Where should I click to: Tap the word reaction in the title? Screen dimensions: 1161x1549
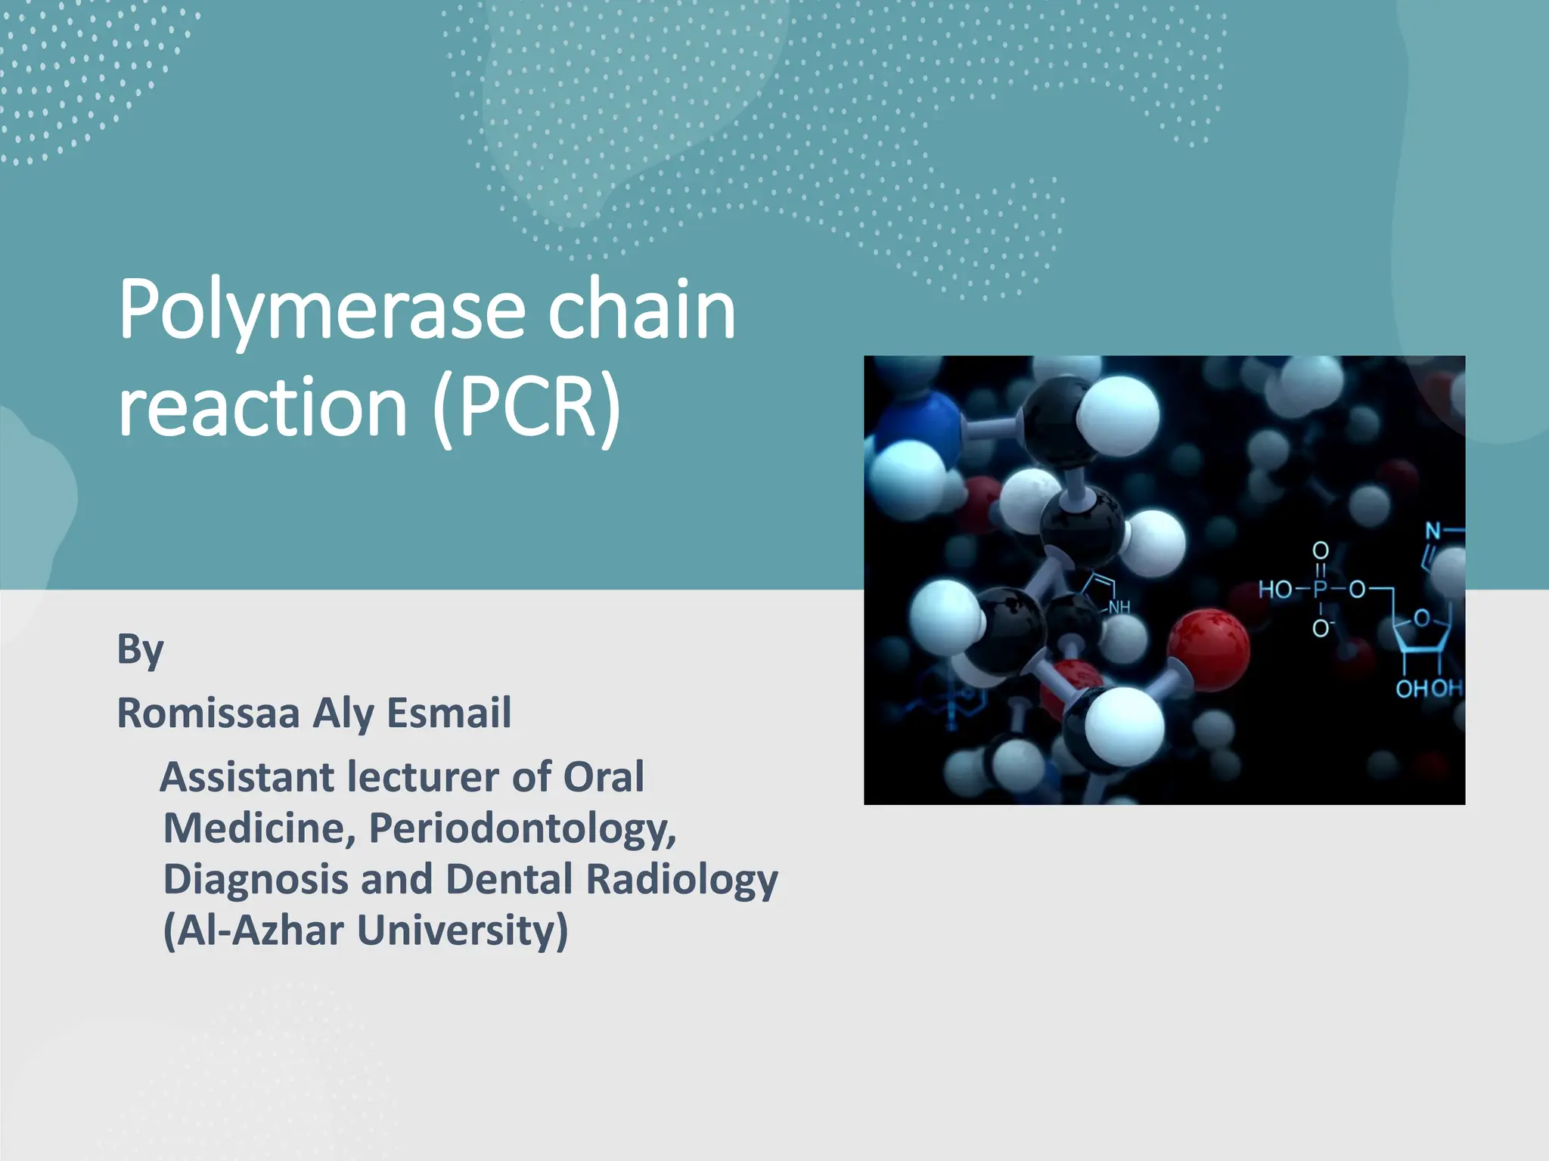coord(263,408)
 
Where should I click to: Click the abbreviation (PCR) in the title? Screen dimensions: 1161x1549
coord(527,408)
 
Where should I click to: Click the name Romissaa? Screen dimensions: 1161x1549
coord(208,713)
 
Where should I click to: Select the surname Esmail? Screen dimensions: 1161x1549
coord(449,713)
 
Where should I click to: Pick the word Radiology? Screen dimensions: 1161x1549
coord(681,880)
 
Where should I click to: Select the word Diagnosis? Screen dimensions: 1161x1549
coord(255,880)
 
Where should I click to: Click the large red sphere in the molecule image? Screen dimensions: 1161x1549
coord(1208,649)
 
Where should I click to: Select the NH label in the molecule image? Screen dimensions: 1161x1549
coord(1119,607)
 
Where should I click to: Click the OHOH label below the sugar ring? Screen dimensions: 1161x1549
coord(1428,689)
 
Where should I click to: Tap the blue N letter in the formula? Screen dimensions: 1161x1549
coord(1433,531)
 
